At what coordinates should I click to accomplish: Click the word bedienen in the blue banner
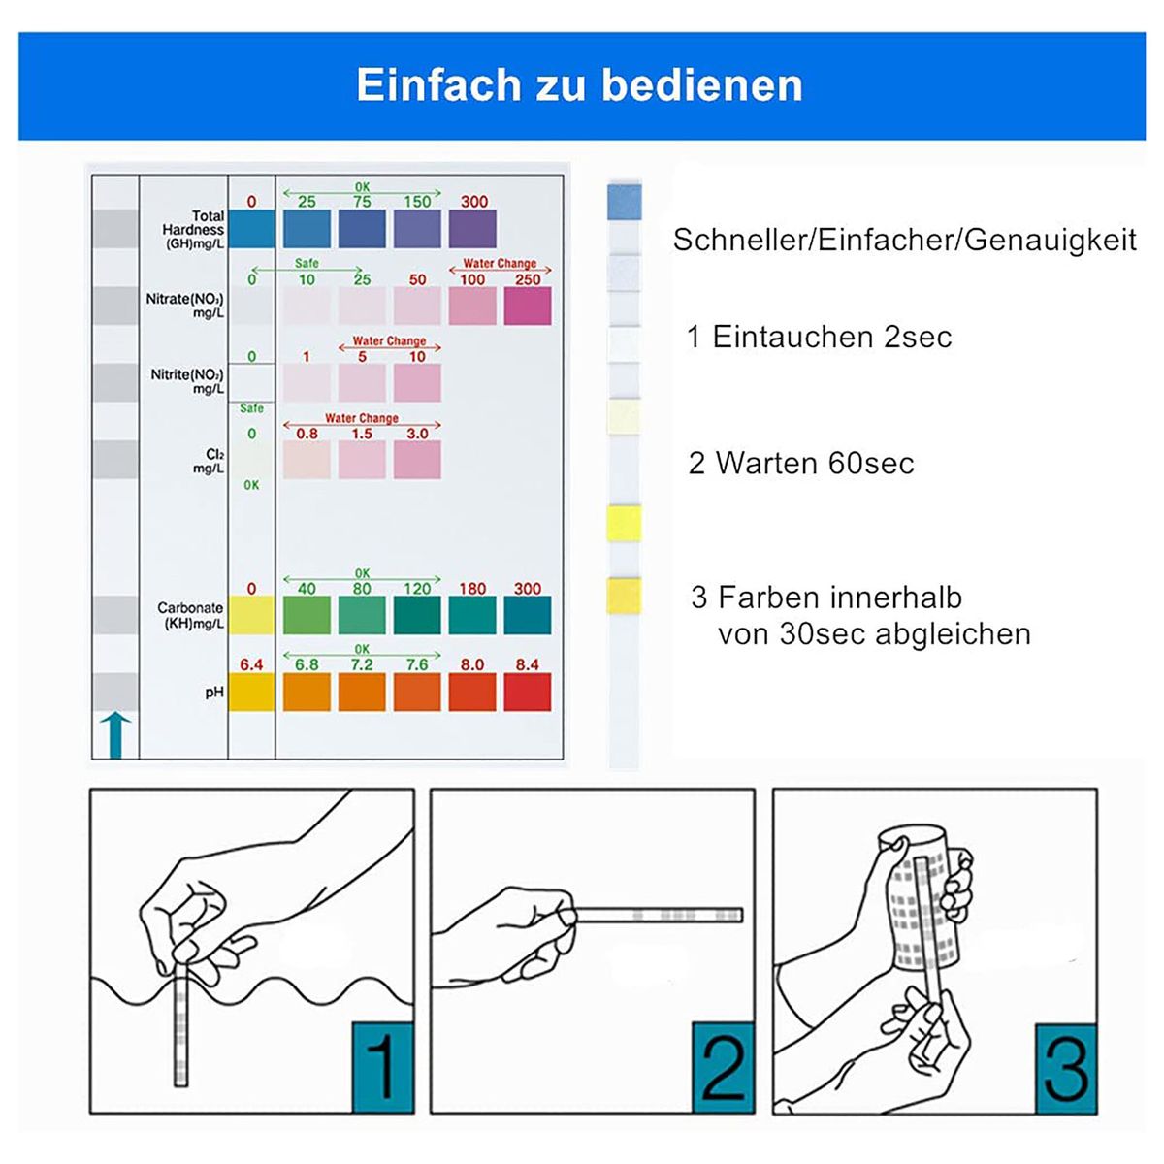pos(702,85)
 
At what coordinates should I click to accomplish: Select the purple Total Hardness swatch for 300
pos(472,229)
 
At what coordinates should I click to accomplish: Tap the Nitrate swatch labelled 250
pos(528,306)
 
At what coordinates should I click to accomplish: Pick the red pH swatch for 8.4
pos(528,693)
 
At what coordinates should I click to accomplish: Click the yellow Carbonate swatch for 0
pos(251,615)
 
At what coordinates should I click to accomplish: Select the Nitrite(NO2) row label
pos(186,381)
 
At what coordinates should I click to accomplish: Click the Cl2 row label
pos(209,461)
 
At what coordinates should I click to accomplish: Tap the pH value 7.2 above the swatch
pos(362,664)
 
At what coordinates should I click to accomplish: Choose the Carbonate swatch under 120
pos(417,615)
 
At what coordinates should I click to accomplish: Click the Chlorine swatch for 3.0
pos(417,460)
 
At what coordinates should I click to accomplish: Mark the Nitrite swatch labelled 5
pos(362,382)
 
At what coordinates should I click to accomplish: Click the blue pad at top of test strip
pos(625,201)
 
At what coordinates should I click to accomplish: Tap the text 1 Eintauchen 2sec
pos(819,337)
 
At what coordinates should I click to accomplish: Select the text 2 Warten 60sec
pos(801,464)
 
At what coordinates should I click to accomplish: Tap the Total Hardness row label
pos(193,230)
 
